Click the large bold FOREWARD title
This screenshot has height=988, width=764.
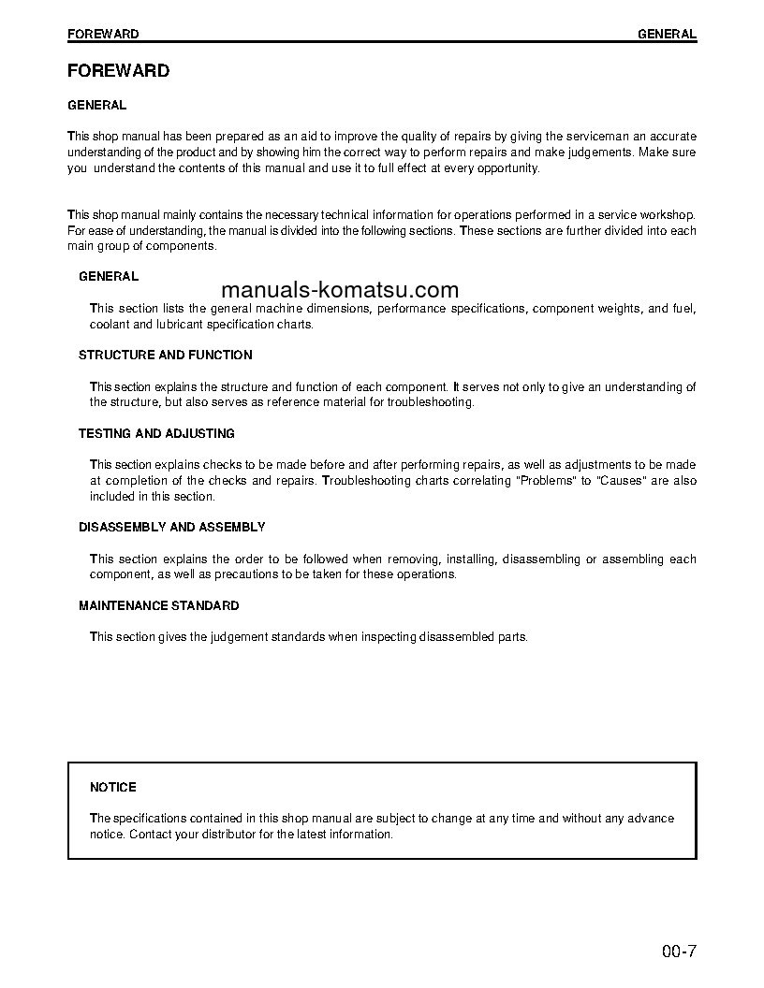[118, 70]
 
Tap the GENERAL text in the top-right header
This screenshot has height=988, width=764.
[667, 34]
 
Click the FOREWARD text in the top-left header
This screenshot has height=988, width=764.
[103, 34]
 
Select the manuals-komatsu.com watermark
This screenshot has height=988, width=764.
[340, 289]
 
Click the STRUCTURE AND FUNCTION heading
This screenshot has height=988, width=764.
[165, 356]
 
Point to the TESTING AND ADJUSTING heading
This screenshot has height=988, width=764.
[156, 434]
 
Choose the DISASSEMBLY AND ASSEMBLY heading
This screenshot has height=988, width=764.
[171, 528]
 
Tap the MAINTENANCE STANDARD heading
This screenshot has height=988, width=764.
[158, 606]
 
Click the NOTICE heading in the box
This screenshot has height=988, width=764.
[112, 788]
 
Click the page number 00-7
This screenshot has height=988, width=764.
[680, 953]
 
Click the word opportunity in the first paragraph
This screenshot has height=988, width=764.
[505, 168]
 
